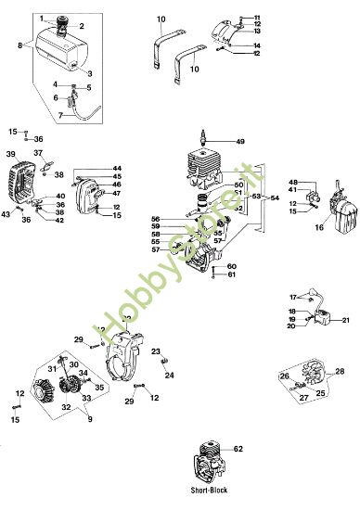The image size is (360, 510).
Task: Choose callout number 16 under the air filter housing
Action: click(320, 225)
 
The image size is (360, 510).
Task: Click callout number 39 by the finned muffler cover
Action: click(11, 154)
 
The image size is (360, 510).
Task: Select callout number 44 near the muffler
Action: click(116, 168)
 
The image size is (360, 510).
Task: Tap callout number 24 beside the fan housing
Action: click(169, 376)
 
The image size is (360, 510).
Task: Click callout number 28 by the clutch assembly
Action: click(340, 371)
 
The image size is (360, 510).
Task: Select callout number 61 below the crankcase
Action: click(232, 274)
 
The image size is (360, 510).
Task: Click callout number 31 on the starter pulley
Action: click(54, 369)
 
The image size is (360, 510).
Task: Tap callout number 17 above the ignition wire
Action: click(292, 296)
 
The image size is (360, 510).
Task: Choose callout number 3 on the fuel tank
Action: click(90, 72)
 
